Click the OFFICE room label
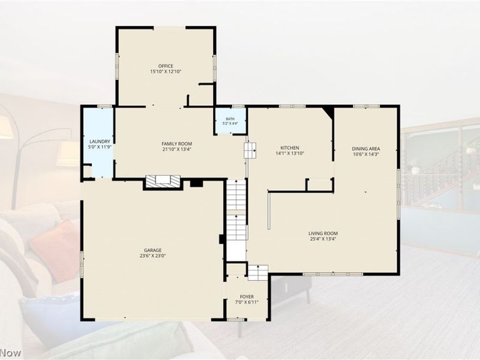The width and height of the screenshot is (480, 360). click(166, 66)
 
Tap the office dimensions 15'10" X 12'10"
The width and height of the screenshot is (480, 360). click(166, 71)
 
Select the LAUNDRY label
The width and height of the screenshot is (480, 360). click(100, 142)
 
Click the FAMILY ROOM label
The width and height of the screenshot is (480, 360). click(177, 143)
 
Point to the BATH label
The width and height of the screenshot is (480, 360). click(230, 119)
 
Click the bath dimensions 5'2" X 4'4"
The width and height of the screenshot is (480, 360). click(230, 124)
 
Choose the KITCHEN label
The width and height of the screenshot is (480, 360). click(290, 148)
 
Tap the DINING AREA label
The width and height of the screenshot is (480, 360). click(366, 149)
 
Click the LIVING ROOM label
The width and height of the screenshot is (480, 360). click(323, 233)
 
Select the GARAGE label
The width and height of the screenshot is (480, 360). click(153, 250)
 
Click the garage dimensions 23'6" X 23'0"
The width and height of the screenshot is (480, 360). click(153, 256)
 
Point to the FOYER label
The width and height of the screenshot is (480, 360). click(247, 296)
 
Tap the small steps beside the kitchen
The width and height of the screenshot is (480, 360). click(250, 151)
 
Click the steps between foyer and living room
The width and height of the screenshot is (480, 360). click(258, 273)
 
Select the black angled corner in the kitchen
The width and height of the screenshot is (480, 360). click(328, 112)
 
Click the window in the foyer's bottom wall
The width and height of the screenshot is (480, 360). click(236, 320)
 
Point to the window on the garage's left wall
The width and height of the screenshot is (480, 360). click(82, 264)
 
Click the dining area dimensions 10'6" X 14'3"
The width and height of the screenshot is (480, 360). click(366, 154)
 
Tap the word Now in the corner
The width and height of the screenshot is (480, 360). click(11, 353)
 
